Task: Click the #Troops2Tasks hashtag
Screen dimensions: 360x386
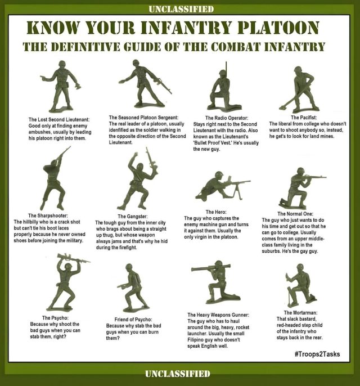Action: (317, 354)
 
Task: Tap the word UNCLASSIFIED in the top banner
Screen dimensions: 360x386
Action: (181, 10)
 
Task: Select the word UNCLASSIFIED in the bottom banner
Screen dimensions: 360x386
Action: (178, 374)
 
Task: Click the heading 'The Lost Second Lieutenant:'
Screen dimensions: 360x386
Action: (59, 120)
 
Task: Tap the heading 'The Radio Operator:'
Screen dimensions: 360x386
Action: (227, 118)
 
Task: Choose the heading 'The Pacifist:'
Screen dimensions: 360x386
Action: (304, 118)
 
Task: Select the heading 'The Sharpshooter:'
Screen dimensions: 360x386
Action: (48, 216)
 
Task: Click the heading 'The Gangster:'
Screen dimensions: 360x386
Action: (133, 217)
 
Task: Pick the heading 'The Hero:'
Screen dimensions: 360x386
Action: (216, 212)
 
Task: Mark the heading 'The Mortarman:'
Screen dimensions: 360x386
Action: (300, 313)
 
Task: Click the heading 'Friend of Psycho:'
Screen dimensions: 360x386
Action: (133, 320)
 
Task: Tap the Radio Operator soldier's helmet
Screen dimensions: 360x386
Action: (222, 73)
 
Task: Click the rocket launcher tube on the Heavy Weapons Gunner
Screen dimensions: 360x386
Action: (211, 267)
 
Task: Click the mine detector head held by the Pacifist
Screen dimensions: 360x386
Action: (283, 107)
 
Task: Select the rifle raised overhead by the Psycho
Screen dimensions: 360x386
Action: (74, 258)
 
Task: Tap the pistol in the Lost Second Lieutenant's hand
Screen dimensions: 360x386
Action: (43, 78)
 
